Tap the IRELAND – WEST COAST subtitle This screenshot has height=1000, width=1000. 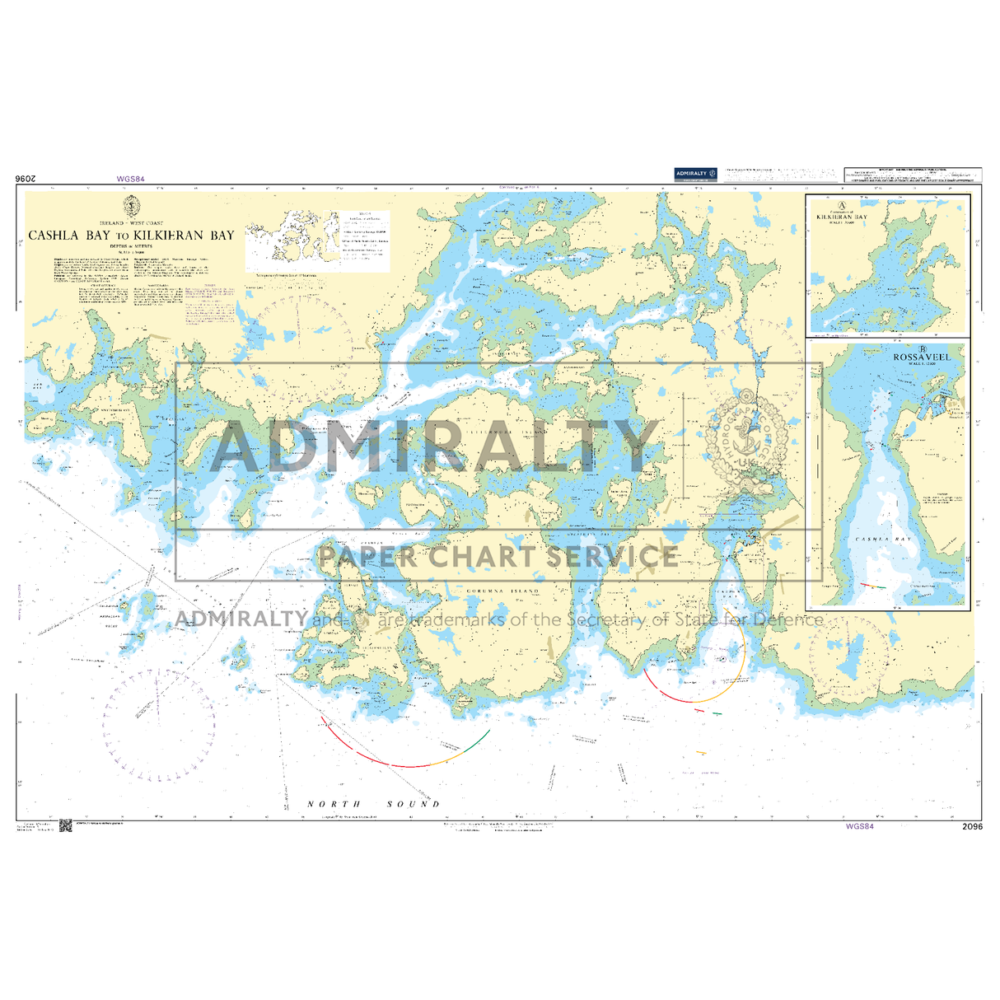pos(131,223)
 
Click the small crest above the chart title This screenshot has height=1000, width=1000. pos(131,206)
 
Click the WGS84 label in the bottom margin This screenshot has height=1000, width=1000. pos(859,826)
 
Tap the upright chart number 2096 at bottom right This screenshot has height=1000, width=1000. pos(972,827)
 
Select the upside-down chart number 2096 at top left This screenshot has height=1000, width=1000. pos(27,179)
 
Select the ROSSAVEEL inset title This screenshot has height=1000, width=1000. pos(922,357)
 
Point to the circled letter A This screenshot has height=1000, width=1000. pos(841,206)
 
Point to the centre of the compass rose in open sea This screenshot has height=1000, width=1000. pos(159,725)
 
